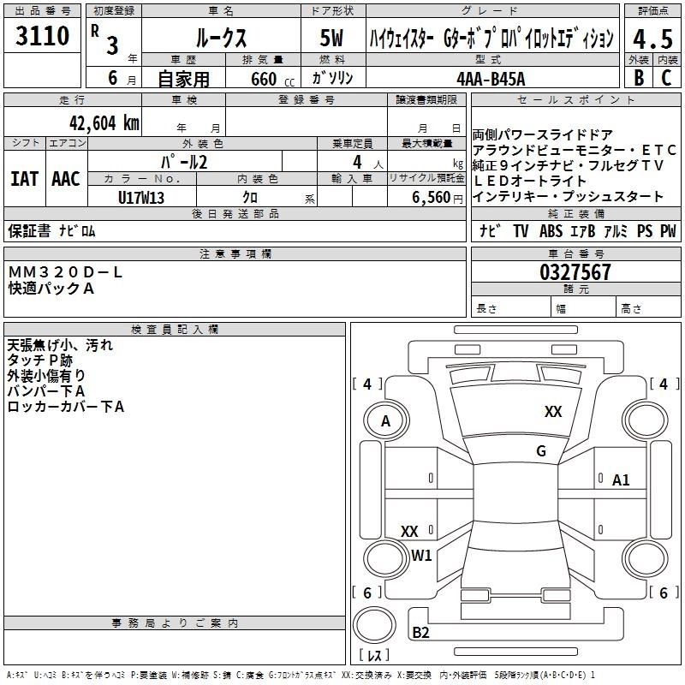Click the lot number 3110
pyautogui.click(x=42, y=37)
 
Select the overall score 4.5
pyautogui.click(x=652, y=39)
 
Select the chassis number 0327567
pyautogui.click(x=575, y=272)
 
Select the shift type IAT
pyautogui.click(x=25, y=179)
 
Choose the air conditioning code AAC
pyautogui.click(x=66, y=179)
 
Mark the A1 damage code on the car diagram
pyautogui.click(x=621, y=480)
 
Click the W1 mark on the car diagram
pyautogui.click(x=421, y=556)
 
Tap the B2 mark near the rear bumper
pyautogui.click(x=420, y=633)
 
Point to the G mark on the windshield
pyautogui.click(x=541, y=451)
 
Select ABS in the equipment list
pyautogui.click(x=551, y=231)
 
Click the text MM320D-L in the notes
pyautogui.click(x=66, y=271)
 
